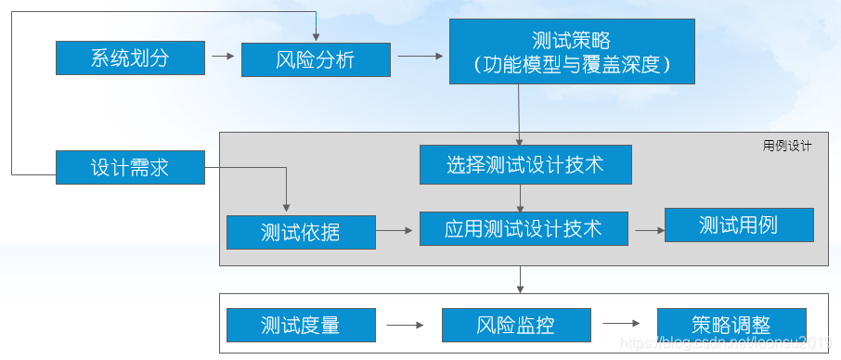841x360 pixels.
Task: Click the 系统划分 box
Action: tap(130, 58)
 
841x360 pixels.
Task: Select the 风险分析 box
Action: tap(316, 59)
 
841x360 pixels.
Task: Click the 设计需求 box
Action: tap(130, 167)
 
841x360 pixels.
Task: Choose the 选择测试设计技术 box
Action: tap(525, 164)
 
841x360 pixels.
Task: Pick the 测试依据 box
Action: tap(301, 232)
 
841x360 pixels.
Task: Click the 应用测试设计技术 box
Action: tap(524, 228)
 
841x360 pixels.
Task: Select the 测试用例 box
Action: tap(739, 225)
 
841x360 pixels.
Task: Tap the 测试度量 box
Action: tap(301, 326)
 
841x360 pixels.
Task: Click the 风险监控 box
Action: tap(516, 326)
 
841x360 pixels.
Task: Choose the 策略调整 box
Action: tap(731, 326)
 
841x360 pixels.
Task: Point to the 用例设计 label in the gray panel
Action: tap(786, 146)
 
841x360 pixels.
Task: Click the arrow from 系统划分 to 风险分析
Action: tap(223, 57)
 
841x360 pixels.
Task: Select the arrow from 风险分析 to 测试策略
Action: tap(420, 57)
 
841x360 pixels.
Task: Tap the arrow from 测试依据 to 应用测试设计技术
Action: tap(397, 230)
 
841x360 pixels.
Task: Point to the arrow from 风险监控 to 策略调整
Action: tap(622, 325)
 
